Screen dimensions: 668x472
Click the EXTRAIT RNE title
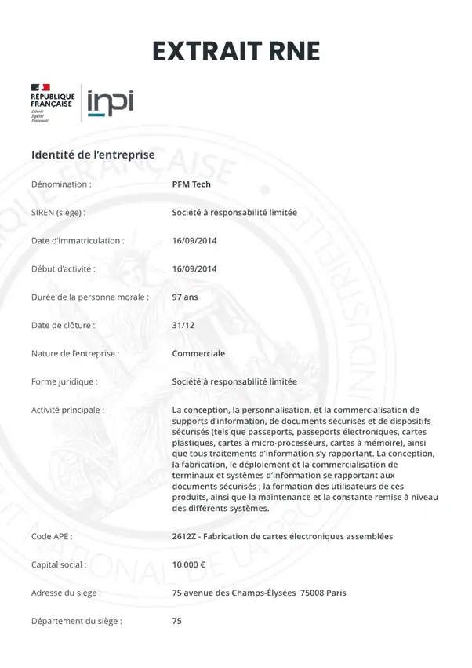(236, 51)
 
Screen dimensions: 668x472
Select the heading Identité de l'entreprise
(93, 155)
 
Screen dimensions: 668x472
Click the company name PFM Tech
(191, 184)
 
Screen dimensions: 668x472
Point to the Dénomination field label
(61, 184)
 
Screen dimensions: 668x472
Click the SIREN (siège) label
(58, 213)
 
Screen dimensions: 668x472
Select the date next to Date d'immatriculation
(194, 241)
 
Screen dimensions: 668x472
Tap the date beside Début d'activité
(194, 269)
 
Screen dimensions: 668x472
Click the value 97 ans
(185, 297)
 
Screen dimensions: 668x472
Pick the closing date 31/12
(183, 325)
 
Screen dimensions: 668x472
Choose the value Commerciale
(198, 353)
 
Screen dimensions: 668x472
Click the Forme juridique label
(64, 381)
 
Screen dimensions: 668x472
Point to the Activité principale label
(67, 410)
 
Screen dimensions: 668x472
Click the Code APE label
(52, 537)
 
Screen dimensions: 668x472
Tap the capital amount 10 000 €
(189, 564)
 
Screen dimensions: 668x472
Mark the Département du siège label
(76, 621)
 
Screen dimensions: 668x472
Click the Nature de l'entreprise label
(75, 353)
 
